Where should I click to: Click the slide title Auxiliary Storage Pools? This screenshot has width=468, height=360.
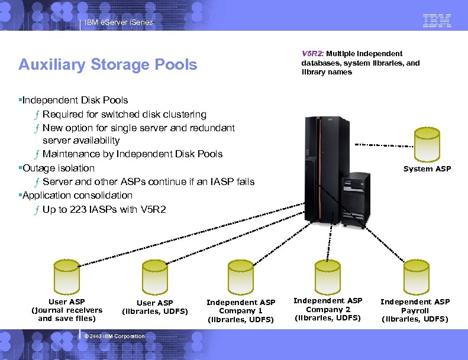pyautogui.click(x=108, y=64)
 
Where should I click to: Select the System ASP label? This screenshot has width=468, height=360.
pyautogui.click(x=427, y=169)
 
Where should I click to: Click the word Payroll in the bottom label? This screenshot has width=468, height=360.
pyautogui.click(x=415, y=310)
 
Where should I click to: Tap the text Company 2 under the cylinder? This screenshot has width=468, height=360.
pyautogui.click(x=328, y=309)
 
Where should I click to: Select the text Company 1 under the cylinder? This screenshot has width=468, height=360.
pyautogui.click(x=240, y=311)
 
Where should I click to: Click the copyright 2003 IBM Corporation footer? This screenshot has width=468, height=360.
pyautogui.click(x=114, y=336)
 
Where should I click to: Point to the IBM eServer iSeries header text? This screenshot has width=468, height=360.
pyautogui.click(x=118, y=22)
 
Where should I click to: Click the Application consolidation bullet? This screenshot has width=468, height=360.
pyautogui.click(x=77, y=195)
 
